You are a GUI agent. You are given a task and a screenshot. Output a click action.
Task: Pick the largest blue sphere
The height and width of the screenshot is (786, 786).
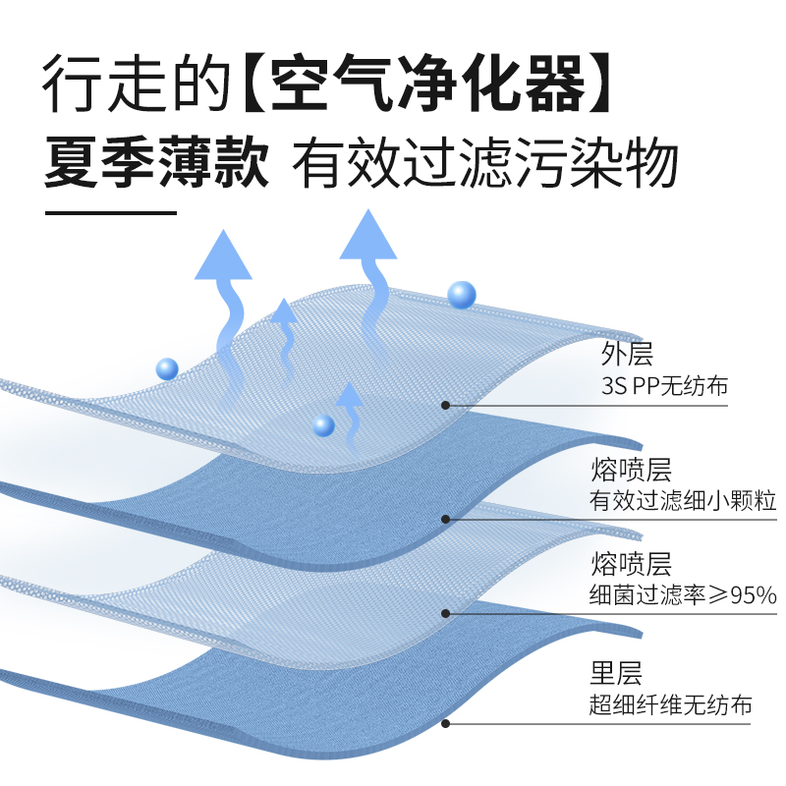(x=461, y=294)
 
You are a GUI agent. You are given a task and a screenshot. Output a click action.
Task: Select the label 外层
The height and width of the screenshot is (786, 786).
(x=627, y=352)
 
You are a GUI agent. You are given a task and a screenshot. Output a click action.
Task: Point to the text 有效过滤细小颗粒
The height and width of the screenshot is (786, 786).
(x=682, y=501)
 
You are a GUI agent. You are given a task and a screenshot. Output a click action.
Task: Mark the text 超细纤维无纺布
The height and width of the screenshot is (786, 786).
(x=670, y=705)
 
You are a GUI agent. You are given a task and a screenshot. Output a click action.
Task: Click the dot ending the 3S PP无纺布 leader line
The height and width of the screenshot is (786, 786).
(x=446, y=404)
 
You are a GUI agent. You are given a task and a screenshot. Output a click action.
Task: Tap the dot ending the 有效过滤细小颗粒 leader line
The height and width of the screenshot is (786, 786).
(x=446, y=519)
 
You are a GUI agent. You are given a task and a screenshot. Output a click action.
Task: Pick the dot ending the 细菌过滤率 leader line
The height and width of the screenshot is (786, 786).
(x=446, y=613)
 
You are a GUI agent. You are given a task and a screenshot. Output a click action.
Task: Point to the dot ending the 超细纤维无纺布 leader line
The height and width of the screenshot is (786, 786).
(x=446, y=724)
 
